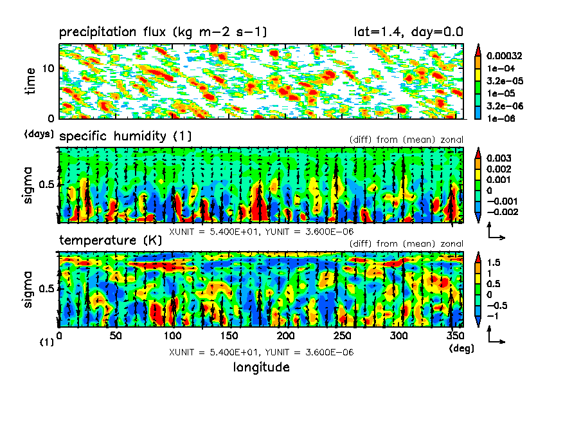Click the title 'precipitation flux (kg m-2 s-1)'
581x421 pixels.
[163, 33]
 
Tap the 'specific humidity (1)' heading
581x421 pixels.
[125, 136]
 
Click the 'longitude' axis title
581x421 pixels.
[261, 368]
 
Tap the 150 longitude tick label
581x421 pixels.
[229, 336]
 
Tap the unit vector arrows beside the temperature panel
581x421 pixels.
[495, 335]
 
